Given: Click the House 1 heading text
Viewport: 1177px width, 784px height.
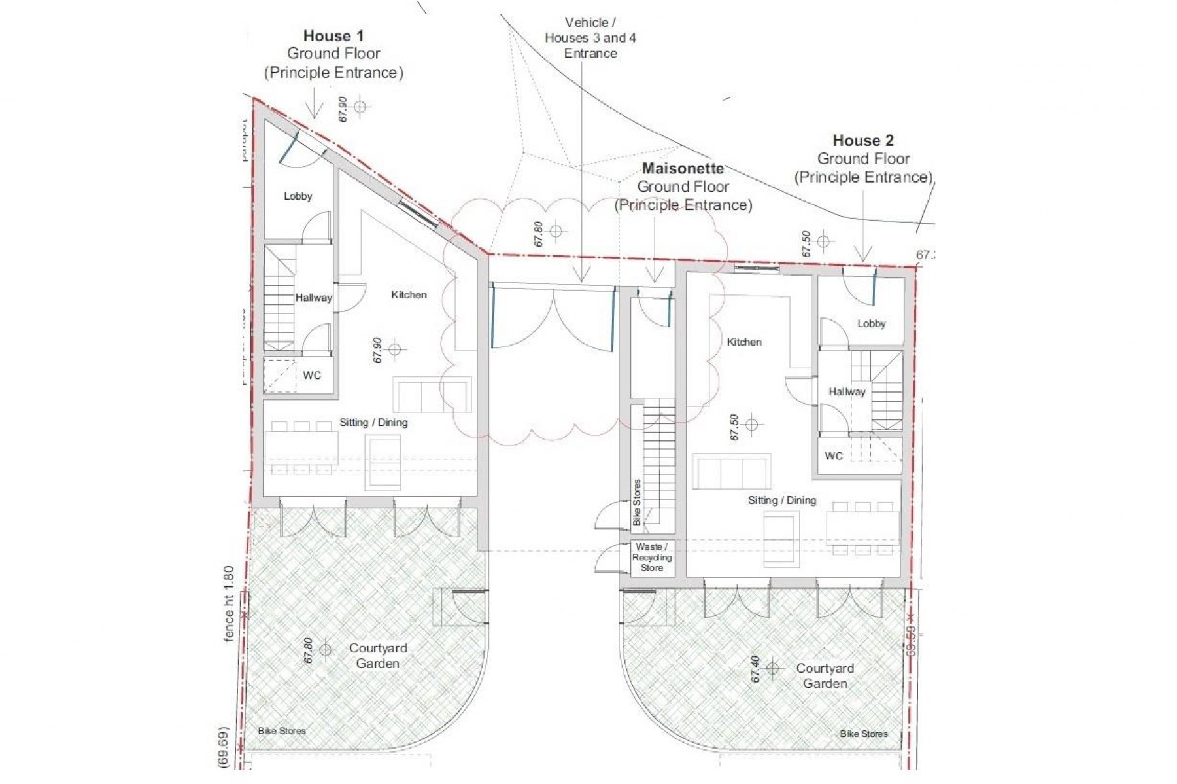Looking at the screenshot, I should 333,36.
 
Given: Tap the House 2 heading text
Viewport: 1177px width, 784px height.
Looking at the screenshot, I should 862,141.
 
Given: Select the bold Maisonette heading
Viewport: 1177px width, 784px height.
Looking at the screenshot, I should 683,169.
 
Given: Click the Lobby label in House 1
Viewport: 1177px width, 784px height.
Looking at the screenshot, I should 298,196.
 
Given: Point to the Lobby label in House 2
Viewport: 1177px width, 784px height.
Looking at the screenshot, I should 871,324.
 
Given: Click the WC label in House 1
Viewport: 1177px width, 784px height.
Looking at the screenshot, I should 312,376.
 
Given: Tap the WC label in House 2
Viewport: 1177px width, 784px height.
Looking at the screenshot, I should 834,456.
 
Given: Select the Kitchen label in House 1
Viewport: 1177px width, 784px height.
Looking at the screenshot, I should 409,295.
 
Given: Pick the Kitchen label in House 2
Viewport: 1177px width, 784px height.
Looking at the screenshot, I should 743,342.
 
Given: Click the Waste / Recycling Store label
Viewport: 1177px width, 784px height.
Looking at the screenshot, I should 651,558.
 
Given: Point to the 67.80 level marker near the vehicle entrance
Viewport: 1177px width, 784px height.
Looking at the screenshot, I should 556,231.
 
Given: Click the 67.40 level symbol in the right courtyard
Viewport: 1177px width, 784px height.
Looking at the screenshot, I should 772,668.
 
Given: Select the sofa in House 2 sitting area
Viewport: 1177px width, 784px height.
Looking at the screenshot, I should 731,471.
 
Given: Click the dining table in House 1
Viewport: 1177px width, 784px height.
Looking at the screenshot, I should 301,448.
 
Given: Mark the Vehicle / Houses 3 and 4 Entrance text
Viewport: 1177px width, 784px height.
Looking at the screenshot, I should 590,38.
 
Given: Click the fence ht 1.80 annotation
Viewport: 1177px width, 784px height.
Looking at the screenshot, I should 229,603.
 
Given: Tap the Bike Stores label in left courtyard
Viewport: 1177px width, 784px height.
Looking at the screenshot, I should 281,731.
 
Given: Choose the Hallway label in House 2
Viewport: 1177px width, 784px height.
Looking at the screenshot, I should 847,392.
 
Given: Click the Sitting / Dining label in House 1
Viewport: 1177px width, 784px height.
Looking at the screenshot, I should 373,423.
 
